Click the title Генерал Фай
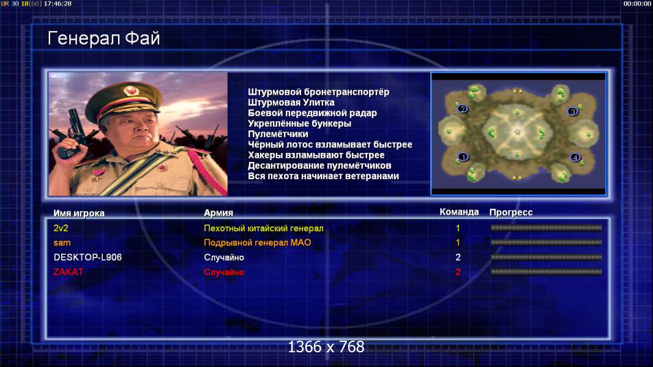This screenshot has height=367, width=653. [103, 39]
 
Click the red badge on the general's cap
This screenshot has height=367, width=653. [131, 91]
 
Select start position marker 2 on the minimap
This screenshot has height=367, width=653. [462, 109]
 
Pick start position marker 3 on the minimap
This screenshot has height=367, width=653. [573, 111]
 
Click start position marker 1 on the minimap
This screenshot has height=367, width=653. [463, 157]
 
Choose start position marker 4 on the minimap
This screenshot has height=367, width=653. [575, 157]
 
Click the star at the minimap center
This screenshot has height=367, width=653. [518, 132]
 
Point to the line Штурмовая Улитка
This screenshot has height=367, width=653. [291, 102]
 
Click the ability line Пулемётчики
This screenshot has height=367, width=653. [278, 134]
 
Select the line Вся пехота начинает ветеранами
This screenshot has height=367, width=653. [323, 176]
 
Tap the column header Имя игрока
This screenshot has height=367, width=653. [79, 213]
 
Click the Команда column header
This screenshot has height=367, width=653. [459, 212]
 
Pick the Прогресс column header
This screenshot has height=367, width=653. [511, 212]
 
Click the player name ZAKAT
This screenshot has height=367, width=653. [69, 272]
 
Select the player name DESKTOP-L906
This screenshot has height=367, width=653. [88, 258]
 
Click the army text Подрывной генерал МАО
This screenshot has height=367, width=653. [258, 243]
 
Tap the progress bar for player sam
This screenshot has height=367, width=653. [546, 242]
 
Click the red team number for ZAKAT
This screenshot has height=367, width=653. [458, 272]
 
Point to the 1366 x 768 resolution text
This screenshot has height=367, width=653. [326, 347]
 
